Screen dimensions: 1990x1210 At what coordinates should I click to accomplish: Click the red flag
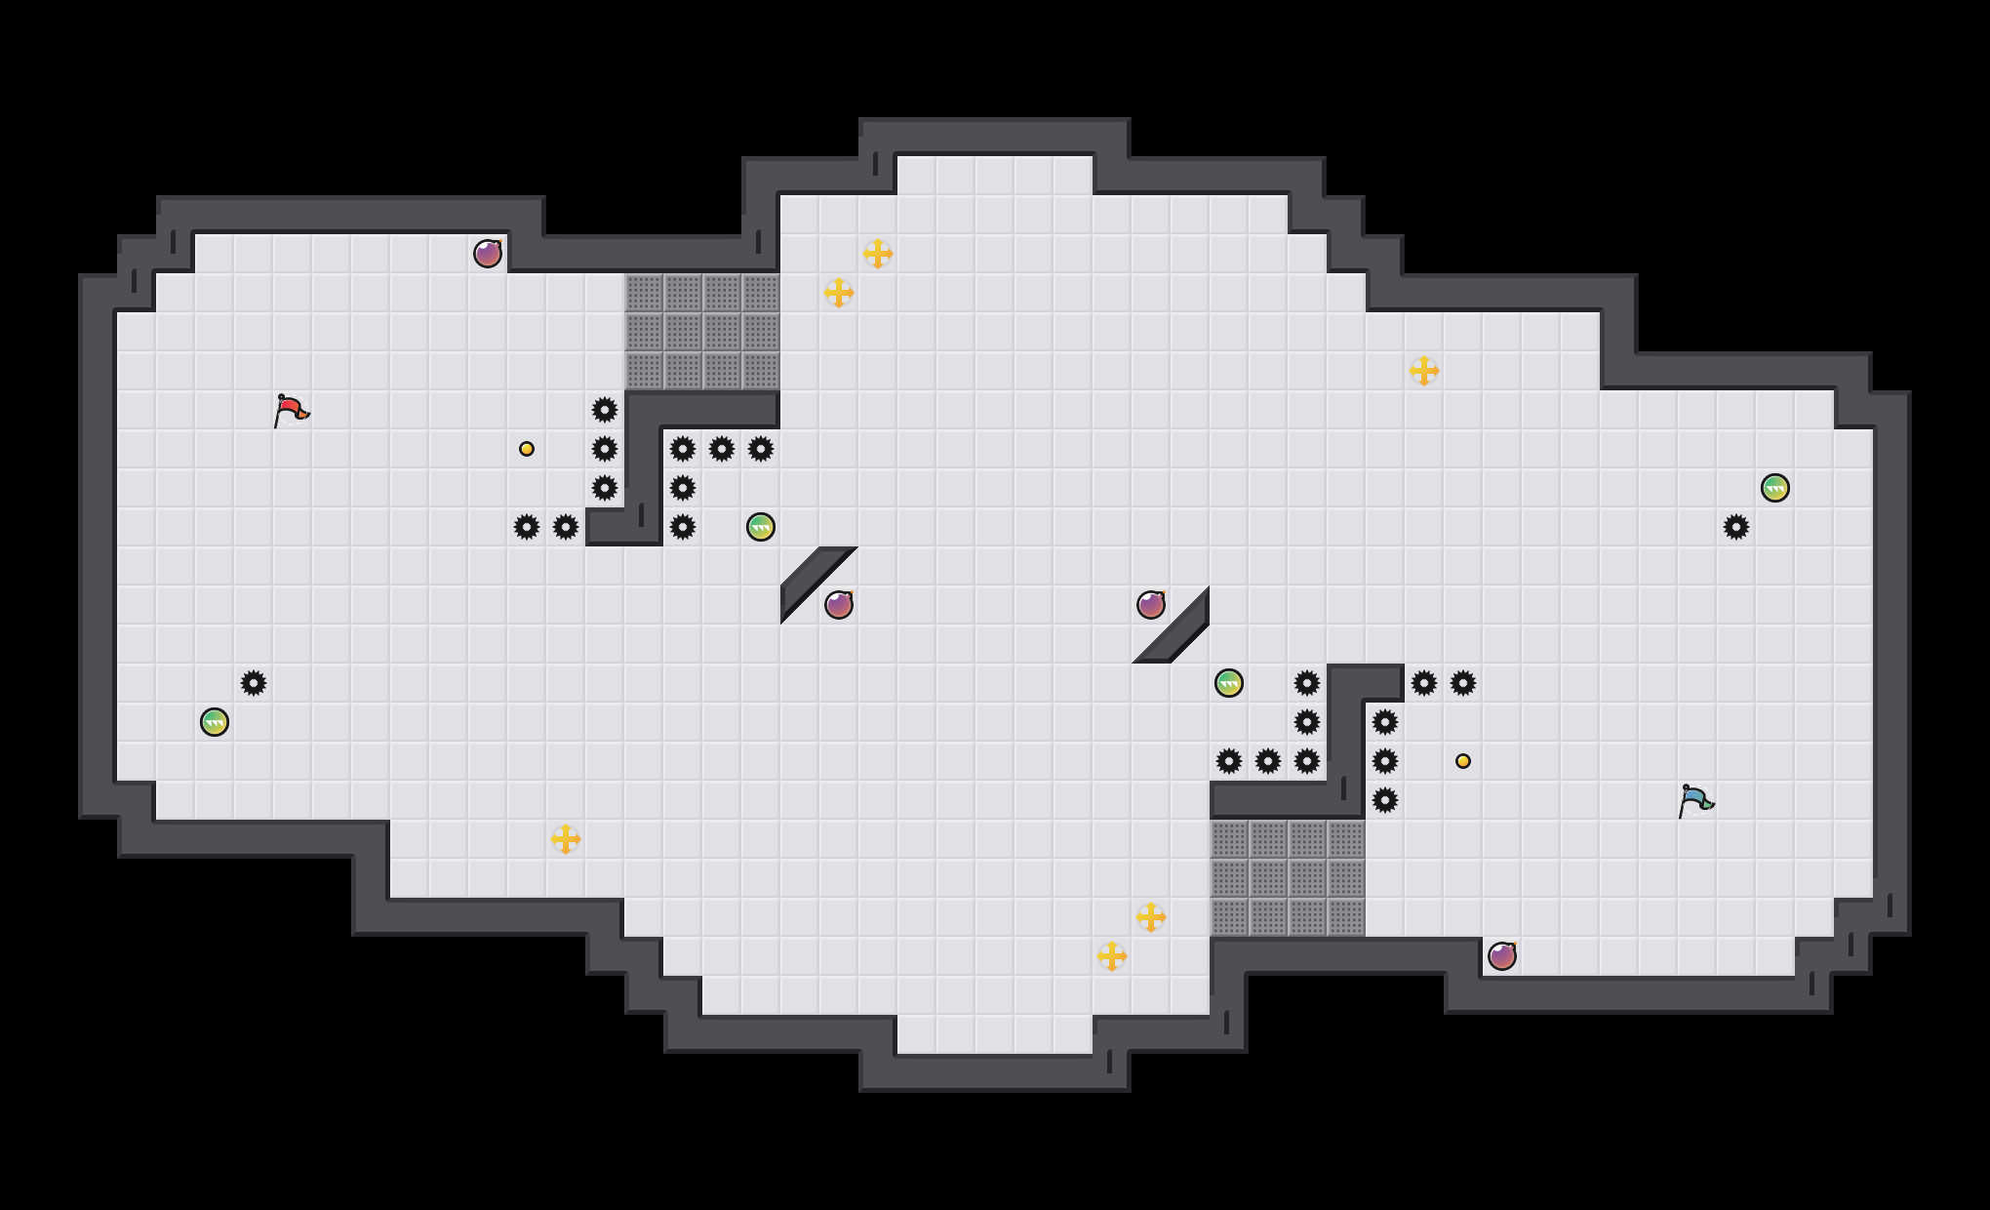(291, 410)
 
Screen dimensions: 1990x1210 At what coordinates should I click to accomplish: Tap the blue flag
(1695, 800)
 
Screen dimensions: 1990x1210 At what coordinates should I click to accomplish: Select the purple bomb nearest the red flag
(488, 254)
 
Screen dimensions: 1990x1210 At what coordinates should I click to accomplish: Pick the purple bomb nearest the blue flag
(1502, 956)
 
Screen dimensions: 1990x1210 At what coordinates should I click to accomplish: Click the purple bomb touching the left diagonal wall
(839, 605)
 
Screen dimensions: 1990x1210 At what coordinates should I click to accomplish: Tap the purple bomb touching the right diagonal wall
(1151, 605)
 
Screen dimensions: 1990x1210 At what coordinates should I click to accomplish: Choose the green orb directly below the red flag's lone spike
(215, 722)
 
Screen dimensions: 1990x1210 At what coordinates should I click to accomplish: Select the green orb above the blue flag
(1775, 488)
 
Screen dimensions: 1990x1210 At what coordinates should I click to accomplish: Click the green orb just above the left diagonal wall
(761, 527)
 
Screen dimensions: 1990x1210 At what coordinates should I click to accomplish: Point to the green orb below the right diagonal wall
(1229, 683)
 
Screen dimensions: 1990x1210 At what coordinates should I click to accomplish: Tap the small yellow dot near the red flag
(527, 449)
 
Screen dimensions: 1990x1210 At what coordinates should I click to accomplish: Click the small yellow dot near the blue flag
(1463, 761)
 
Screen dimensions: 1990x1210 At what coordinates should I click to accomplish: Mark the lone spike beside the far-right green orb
(1736, 527)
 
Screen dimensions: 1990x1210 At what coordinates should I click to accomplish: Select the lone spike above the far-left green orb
(254, 683)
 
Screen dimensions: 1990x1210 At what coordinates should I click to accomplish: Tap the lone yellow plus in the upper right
(1424, 371)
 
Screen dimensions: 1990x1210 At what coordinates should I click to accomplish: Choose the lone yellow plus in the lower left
(566, 839)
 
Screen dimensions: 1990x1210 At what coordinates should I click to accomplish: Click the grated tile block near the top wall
(702, 332)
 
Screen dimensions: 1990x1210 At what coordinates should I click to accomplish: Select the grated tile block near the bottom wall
(1288, 878)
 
